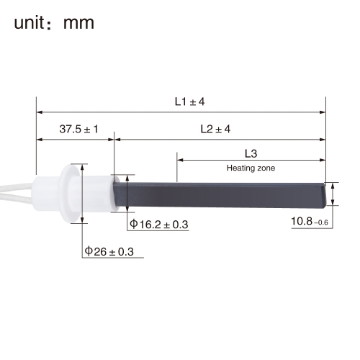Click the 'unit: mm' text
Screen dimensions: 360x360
(54, 23)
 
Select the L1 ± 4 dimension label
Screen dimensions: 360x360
(189, 102)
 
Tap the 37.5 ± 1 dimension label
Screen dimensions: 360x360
(78, 129)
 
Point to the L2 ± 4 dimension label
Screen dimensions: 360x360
(215, 129)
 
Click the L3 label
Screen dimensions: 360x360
(251, 153)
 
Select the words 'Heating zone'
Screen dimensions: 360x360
(251, 168)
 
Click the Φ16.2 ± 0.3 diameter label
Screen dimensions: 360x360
(159, 225)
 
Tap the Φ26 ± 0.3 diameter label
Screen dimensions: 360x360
(109, 251)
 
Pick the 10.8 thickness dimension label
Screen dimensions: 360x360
(302, 221)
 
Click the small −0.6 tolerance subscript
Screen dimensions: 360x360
(321, 222)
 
